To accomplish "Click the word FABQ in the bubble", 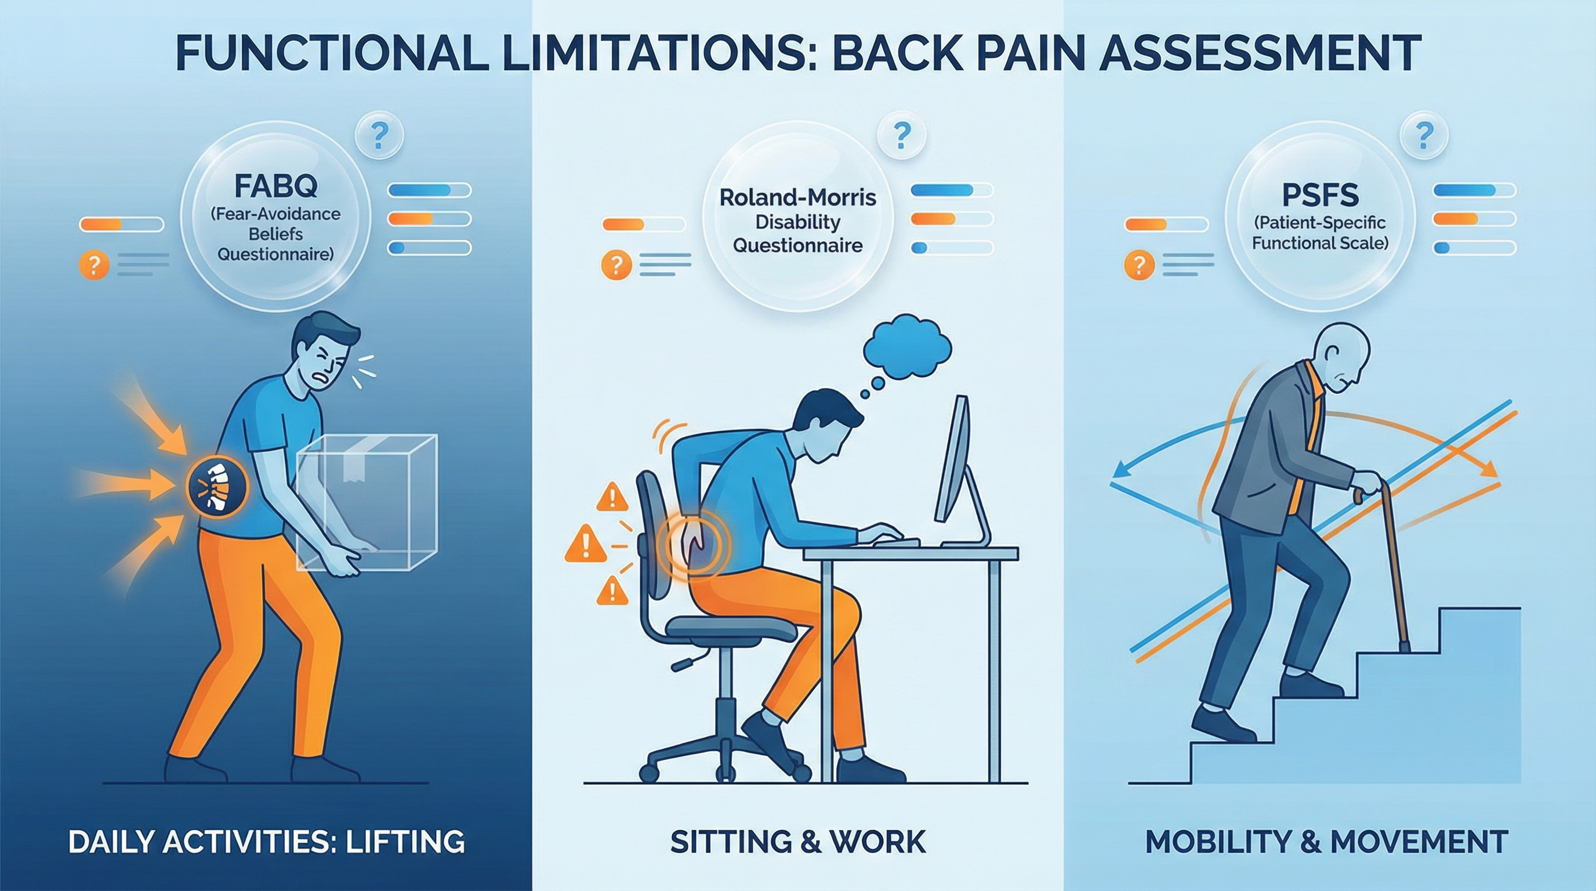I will (x=275, y=185).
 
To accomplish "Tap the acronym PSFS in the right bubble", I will (x=1320, y=196).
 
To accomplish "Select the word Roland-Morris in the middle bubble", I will (x=797, y=198).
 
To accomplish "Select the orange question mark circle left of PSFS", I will (x=1139, y=265).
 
